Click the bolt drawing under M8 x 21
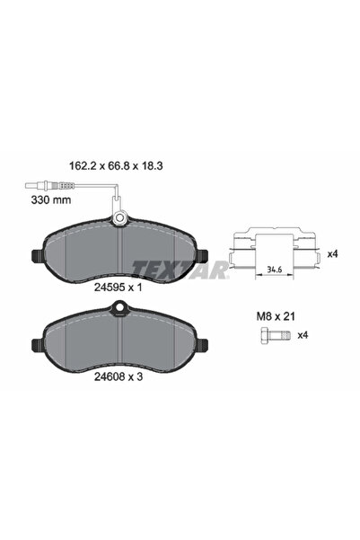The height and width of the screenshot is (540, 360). (x=266, y=336)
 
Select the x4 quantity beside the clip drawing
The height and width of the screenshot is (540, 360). (x=332, y=254)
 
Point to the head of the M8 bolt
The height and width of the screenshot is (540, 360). (x=258, y=336)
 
